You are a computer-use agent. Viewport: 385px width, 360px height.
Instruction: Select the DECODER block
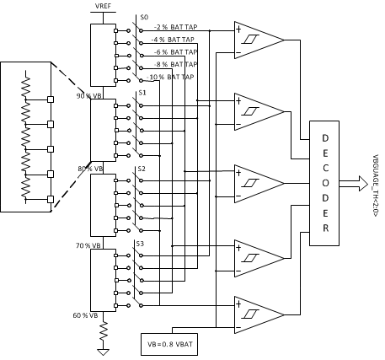coord(324,184)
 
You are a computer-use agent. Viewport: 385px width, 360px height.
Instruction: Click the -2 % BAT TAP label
coord(173,27)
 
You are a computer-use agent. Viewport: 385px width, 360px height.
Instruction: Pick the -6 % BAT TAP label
coord(174,51)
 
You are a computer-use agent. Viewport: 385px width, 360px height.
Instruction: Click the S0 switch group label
coord(143,17)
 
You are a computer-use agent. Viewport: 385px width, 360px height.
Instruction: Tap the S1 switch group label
coord(142,91)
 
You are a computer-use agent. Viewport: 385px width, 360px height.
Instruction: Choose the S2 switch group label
coord(141,169)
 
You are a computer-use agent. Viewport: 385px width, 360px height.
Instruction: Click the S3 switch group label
coord(141,244)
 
